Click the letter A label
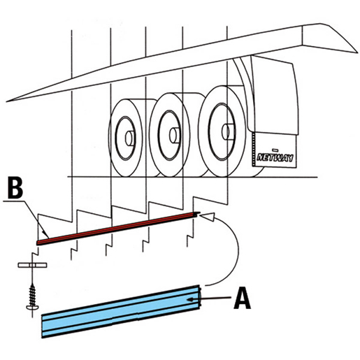(x=242, y=298)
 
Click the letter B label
(x=15, y=188)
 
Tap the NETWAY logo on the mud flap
(x=275, y=158)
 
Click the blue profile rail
(x=121, y=312)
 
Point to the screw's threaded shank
(x=32, y=294)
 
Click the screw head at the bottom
(x=32, y=308)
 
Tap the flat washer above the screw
(x=32, y=265)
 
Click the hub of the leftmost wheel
(x=129, y=138)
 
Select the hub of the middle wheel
(x=174, y=136)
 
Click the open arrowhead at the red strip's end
(x=208, y=217)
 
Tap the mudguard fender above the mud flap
(x=273, y=96)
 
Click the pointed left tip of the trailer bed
(x=6, y=101)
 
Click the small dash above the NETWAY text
(x=275, y=149)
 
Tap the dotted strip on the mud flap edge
(x=254, y=149)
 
